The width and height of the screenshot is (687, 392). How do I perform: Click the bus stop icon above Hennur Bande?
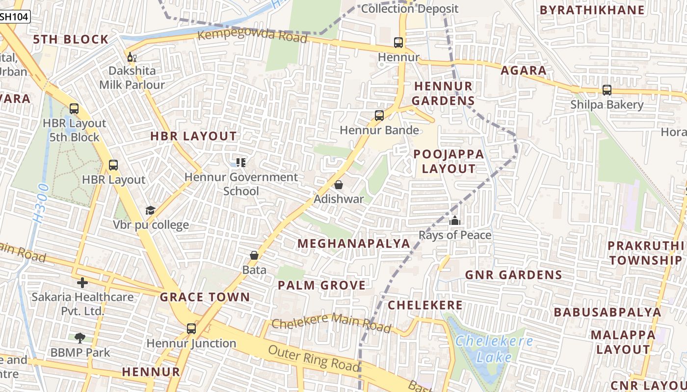[x=379, y=116]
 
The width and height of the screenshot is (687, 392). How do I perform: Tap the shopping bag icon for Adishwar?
[x=338, y=185]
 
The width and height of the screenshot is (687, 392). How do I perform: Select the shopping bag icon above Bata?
[x=254, y=255]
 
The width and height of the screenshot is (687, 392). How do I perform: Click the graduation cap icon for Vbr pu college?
[x=150, y=210]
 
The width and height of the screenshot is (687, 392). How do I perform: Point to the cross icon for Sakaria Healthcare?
[x=82, y=282]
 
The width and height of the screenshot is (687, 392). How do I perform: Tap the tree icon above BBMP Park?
[x=80, y=338]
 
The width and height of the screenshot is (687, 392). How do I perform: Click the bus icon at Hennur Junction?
[x=191, y=329]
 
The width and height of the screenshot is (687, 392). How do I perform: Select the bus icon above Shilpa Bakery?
[x=607, y=90]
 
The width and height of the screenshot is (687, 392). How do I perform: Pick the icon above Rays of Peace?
[x=455, y=220]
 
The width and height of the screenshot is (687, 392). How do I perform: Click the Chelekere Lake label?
[x=493, y=349]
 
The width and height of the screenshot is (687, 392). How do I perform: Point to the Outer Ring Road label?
[x=314, y=358]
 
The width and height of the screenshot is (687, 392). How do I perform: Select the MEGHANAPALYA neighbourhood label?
[x=353, y=244]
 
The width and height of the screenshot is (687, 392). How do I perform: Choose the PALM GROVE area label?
[x=321, y=285]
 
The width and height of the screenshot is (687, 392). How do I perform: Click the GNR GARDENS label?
[x=513, y=275]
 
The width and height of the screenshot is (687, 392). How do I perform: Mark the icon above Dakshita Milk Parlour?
[x=132, y=57]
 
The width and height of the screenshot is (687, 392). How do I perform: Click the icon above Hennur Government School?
[x=240, y=162]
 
